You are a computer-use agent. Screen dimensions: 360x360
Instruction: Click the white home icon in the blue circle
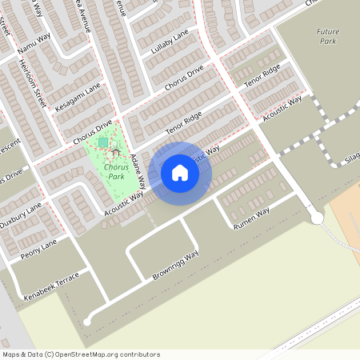click(180, 173)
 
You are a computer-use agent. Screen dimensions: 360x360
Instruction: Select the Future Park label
click(327, 35)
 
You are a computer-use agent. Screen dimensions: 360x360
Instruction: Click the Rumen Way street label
click(251, 219)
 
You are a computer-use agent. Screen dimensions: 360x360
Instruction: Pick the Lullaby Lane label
click(169, 42)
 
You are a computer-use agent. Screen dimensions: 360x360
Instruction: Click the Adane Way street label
click(138, 170)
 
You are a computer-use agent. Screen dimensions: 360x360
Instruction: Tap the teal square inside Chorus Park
click(103, 142)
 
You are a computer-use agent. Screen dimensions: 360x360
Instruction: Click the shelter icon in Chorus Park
click(117, 151)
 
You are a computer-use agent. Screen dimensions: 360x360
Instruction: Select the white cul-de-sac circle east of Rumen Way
click(316, 218)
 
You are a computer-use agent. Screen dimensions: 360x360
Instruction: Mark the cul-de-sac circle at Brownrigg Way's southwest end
click(87, 322)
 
